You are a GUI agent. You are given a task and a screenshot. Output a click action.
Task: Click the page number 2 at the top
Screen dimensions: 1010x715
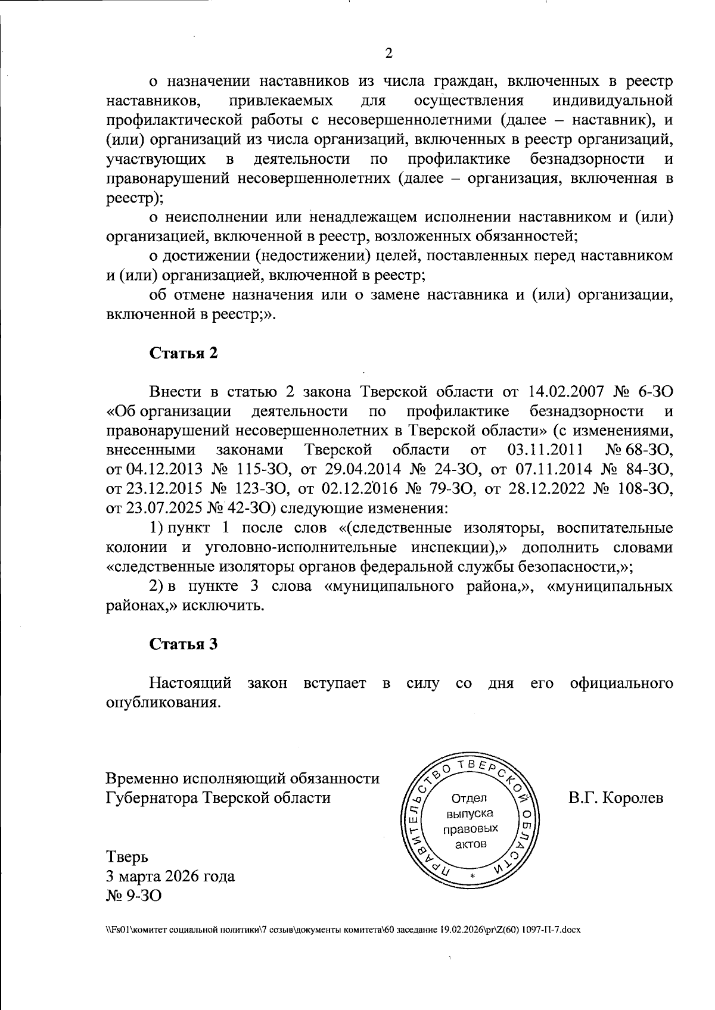[x=389, y=54]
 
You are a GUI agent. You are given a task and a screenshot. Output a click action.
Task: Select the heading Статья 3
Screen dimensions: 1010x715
[x=184, y=644]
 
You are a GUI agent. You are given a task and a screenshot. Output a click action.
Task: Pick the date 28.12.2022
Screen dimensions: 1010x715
[x=537, y=490]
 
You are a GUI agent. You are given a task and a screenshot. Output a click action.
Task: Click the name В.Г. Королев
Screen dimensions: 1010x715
[x=615, y=798]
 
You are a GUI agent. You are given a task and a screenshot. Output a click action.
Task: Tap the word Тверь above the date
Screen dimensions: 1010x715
[x=127, y=856]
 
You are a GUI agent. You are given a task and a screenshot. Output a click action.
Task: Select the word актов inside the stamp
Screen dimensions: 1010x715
[x=470, y=844]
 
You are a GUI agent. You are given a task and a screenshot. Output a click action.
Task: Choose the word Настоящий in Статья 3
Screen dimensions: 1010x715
[x=190, y=682]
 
